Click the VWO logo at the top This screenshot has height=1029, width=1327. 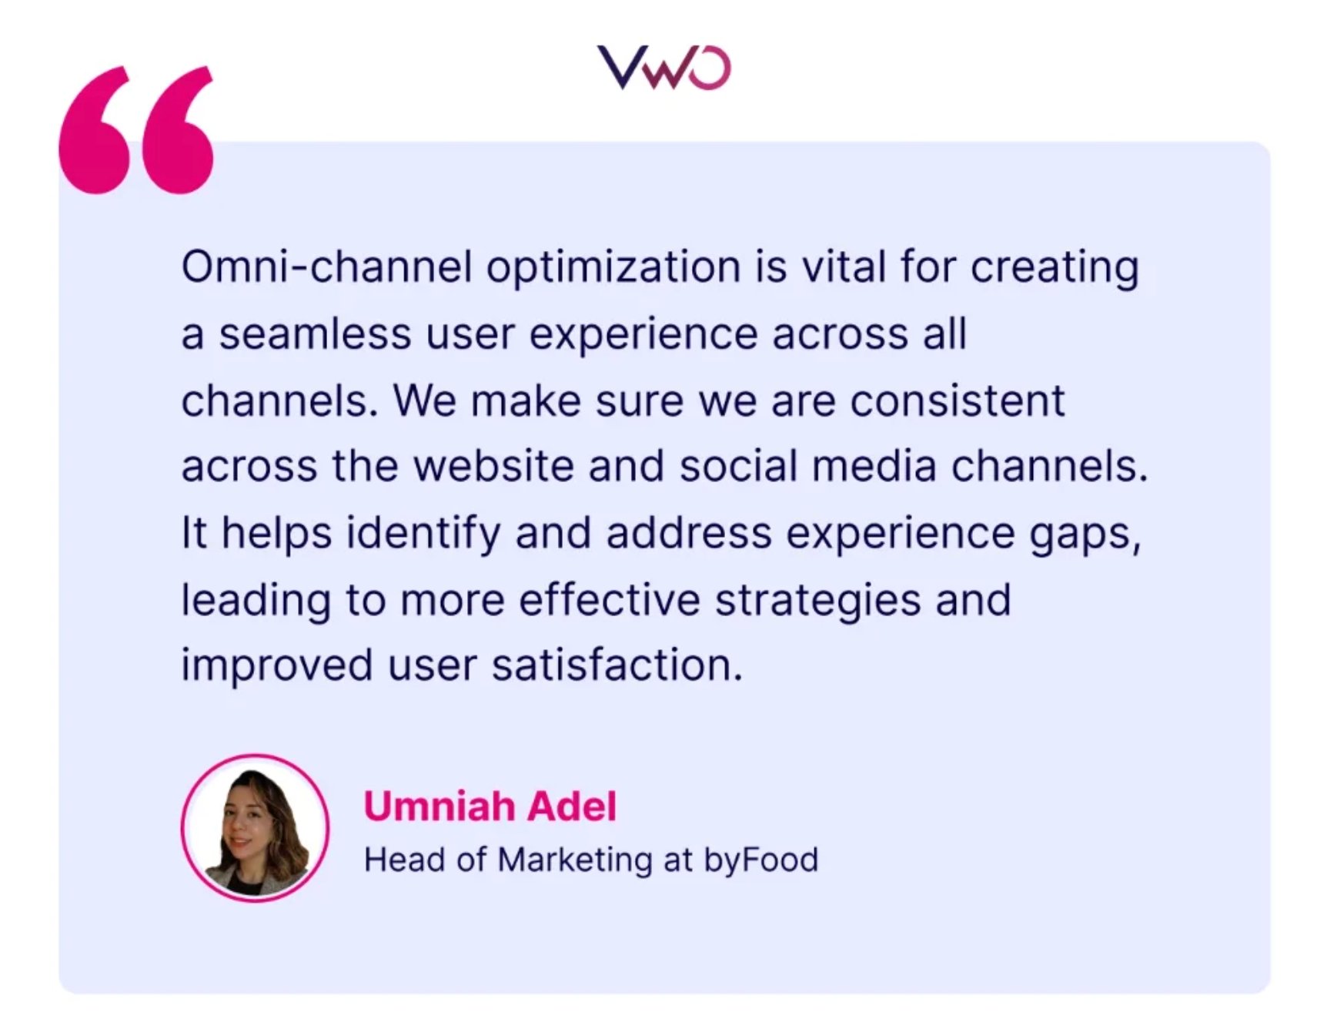point(663,68)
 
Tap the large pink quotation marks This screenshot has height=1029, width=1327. point(137,129)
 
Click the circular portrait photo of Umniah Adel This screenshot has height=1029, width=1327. point(256,828)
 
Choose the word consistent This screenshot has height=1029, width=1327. point(958,401)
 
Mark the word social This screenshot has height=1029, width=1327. point(738,466)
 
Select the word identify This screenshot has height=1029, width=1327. point(423,534)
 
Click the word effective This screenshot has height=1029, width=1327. point(610,600)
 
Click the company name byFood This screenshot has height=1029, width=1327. point(760,860)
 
